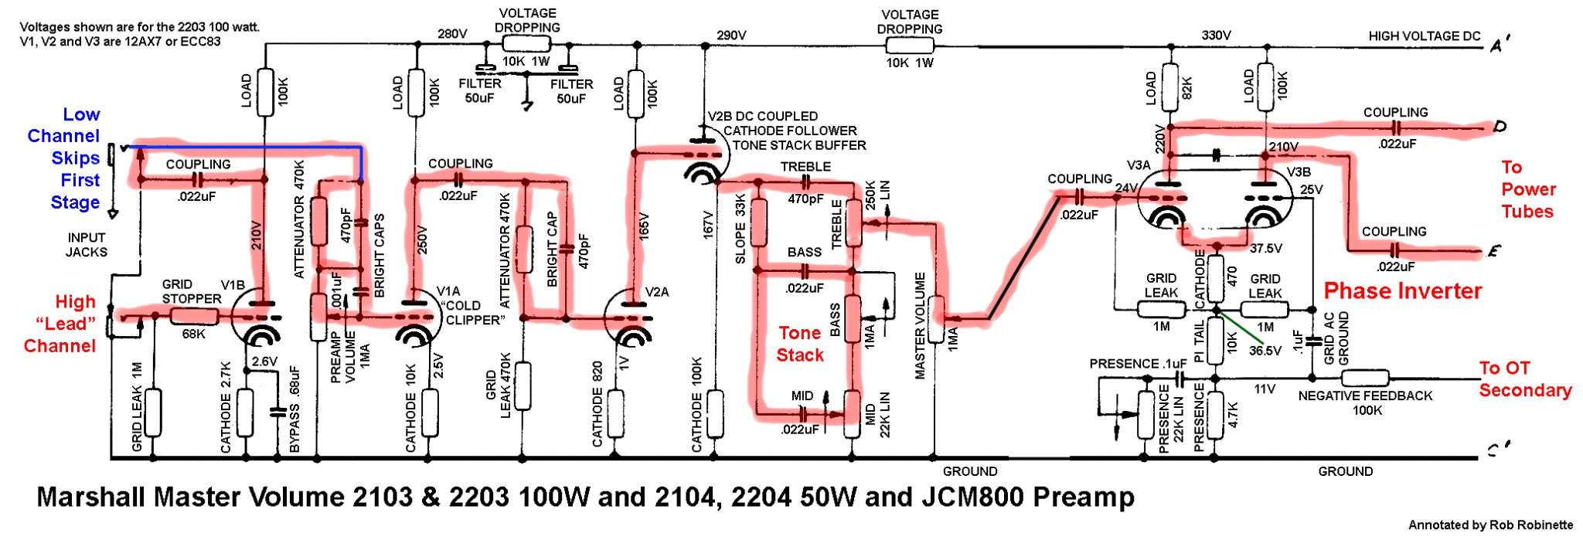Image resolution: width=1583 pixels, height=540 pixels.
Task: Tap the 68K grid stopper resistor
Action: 194,316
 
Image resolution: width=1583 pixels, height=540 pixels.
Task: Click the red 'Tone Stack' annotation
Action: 800,344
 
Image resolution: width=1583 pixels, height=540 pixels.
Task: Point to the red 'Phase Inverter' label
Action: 1402,291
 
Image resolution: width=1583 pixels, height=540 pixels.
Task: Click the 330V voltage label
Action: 1216,36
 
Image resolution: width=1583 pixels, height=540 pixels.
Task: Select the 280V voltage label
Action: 452,34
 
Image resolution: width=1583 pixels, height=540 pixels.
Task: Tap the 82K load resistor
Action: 1169,84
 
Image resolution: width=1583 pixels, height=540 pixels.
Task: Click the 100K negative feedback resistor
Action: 1366,379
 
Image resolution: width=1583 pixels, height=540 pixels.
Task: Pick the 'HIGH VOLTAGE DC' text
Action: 1424,36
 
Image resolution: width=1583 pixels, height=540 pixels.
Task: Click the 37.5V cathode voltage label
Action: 1265,249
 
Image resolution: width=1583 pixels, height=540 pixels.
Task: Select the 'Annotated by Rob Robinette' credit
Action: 1489,525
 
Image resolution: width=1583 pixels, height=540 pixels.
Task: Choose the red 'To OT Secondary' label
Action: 1524,379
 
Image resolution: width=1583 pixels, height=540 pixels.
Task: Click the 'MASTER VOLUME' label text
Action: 920,324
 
